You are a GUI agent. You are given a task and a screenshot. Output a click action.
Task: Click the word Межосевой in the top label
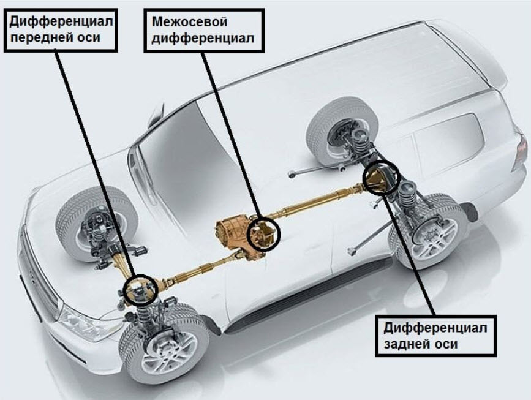click(189, 21)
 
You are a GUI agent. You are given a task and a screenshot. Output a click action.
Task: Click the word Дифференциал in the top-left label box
click(61, 21)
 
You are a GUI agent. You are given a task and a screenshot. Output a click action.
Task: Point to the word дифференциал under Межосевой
click(203, 38)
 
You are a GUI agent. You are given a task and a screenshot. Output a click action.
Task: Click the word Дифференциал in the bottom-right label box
click(435, 328)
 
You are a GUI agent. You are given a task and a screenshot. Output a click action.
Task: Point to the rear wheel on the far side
click(341, 130)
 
